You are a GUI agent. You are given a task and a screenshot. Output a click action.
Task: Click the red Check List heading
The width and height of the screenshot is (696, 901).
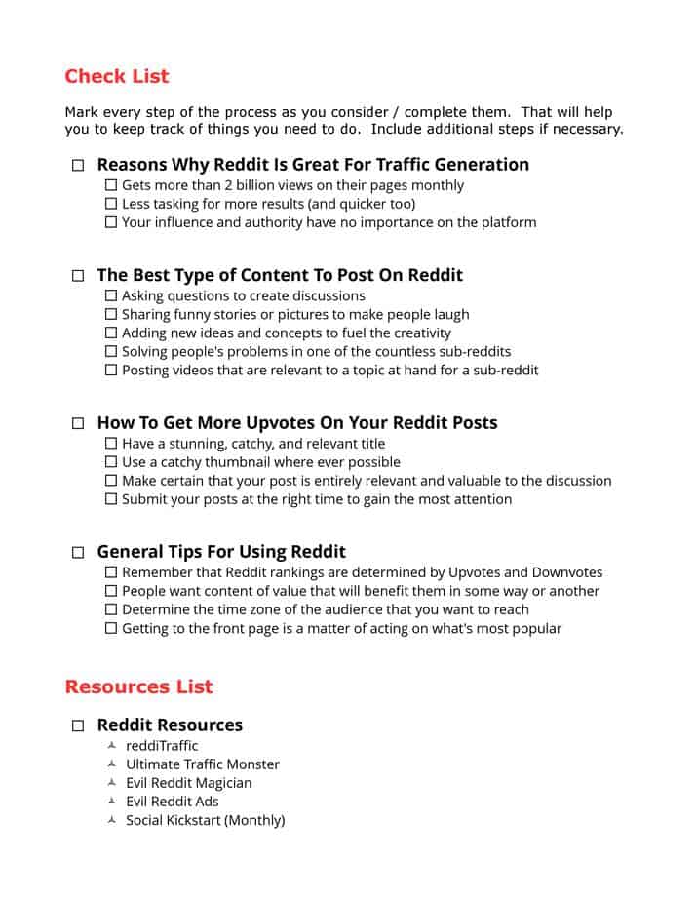[116, 76]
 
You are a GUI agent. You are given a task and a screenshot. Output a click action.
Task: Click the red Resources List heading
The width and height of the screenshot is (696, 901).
[138, 686]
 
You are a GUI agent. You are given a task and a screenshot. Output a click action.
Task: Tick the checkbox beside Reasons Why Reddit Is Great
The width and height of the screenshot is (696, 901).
[78, 166]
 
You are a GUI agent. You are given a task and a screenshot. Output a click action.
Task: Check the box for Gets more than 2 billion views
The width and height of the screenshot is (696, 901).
[111, 185]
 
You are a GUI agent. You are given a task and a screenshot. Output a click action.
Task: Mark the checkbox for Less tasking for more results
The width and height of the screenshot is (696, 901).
[111, 204]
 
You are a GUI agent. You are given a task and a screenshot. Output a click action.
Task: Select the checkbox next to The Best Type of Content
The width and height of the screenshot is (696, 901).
[78, 276]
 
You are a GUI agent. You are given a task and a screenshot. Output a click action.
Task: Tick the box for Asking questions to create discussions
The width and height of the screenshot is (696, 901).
[111, 295]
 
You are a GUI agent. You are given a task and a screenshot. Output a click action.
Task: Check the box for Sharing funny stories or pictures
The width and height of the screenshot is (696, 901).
[111, 314]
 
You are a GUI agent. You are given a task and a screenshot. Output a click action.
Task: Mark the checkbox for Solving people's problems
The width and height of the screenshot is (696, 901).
[111, 351]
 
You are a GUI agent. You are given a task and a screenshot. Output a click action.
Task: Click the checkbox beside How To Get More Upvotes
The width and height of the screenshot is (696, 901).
[78, 424]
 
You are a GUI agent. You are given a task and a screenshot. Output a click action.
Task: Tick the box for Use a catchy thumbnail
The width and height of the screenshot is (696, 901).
[111, 462]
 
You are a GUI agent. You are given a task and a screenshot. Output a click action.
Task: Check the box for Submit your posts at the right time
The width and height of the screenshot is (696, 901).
[111, 499]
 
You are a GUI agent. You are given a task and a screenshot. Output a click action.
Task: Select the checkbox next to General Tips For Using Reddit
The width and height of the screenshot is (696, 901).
[78, 553]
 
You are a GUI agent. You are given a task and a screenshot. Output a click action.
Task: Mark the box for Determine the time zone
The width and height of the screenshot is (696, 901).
[111, 609]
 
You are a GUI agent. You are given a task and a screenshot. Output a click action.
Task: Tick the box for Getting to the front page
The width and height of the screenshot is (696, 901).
[111, 628]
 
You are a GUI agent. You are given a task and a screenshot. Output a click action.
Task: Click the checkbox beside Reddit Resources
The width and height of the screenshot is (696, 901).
[78, 726]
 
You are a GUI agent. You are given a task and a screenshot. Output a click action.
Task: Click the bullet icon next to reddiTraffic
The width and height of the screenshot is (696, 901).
[112, 746]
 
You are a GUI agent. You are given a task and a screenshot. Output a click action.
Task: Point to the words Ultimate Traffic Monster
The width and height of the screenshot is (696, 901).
[203, 764]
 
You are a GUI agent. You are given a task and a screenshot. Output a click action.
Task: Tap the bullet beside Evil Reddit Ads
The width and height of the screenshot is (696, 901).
[112, 802]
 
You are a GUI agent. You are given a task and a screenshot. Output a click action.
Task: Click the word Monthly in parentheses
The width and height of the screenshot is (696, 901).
[254, 820]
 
